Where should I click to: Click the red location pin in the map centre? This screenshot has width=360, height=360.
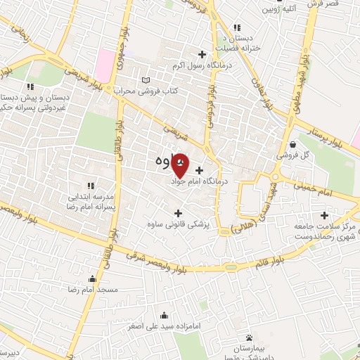[180, 165]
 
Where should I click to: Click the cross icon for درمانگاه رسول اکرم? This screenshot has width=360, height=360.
[202, 54]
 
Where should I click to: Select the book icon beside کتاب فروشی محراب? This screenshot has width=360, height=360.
[145, 79]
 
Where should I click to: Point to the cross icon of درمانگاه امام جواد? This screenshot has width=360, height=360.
[200, 169]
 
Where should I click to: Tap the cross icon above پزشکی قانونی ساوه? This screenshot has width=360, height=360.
[177, 213]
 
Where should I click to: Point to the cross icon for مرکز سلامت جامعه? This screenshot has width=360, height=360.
[323, 216]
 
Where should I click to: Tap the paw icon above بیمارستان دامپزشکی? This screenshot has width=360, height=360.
[247, 338]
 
